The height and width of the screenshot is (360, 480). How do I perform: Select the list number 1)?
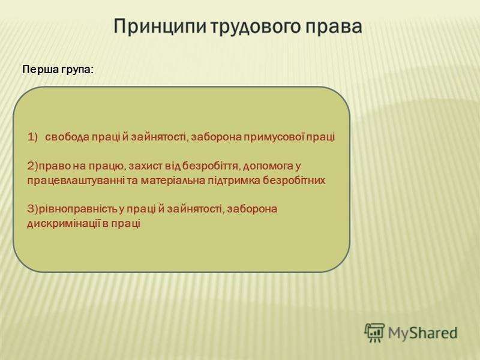pos(32,137)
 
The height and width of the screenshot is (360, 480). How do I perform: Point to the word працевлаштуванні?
pos(76,181)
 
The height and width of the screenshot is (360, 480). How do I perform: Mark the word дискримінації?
pos(64,223)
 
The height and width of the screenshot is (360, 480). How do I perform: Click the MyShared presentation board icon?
pos(374,332)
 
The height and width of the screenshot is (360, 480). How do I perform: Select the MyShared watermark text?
pos(423,332)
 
